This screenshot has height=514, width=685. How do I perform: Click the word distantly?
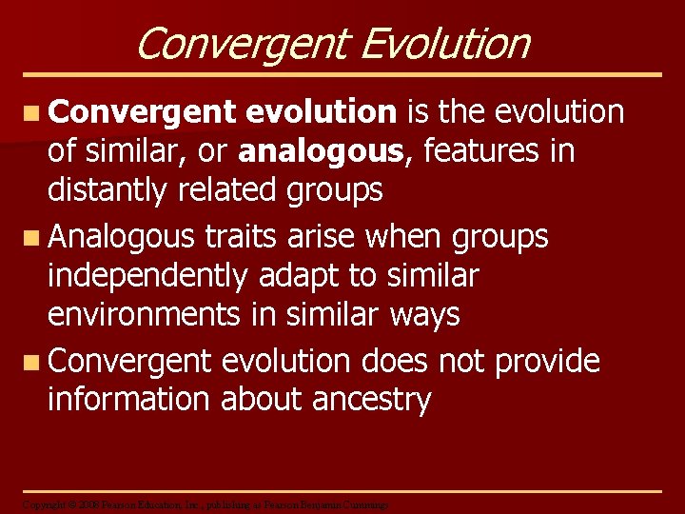110,190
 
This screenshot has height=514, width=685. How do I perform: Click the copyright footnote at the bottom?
205,504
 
